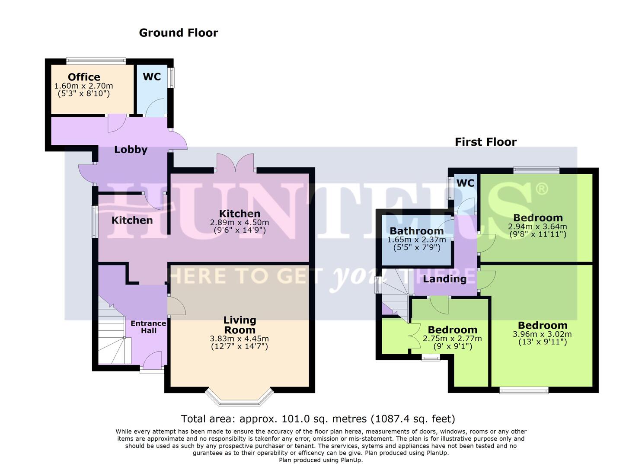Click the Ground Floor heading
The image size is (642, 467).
pos(178,33)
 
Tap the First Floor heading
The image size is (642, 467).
pos(485,142)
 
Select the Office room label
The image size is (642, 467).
pos(84,77)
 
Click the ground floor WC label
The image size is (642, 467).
pos(152,77)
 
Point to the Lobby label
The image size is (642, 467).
pos(131,150)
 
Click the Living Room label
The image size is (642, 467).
pos(240,325)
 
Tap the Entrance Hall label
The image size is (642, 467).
pos(148,327)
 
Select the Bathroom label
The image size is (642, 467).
pos(416,231)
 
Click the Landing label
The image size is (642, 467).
pos(444,279)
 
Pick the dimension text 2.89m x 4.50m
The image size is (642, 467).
pos(240,223)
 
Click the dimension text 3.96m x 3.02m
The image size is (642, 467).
pos(542,334)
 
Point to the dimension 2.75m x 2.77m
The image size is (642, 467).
pos(452,339)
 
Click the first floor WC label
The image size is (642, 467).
pos(465,183)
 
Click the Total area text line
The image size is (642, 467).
pos(318,419)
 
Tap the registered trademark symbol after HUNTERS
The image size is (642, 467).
pos(541,189)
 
